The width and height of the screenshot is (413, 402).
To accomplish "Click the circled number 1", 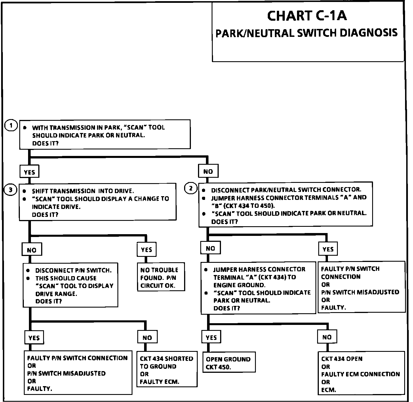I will coord(11,126).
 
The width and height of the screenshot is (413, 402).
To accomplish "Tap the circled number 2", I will coord(191,188).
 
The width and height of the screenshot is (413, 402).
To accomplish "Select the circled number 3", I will coord(10,190).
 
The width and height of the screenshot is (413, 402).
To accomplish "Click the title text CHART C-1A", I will coord(307,16).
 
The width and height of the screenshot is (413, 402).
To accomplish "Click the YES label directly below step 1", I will coord(29,172).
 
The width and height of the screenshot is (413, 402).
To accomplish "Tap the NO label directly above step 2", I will coord(208,171).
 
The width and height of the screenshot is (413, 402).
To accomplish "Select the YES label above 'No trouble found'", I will coord(146,249).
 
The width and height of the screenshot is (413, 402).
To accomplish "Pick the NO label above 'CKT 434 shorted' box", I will coord(147,337).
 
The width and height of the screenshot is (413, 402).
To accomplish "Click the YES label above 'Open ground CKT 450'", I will coord(211,337).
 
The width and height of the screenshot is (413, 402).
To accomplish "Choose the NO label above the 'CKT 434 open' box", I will coord(327,337).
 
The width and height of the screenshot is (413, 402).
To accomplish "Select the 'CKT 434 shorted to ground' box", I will coord(167,370).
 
